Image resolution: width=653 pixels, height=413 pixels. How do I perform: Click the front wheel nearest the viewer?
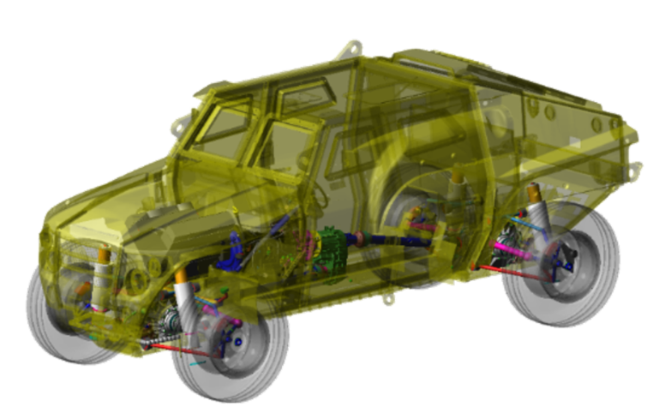pos(230,347)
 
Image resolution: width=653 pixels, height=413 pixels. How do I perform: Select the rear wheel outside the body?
pos(560,266)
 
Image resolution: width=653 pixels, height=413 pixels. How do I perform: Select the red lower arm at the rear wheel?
pos(511,273)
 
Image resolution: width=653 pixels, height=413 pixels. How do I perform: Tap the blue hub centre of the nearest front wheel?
pos(237,341)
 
